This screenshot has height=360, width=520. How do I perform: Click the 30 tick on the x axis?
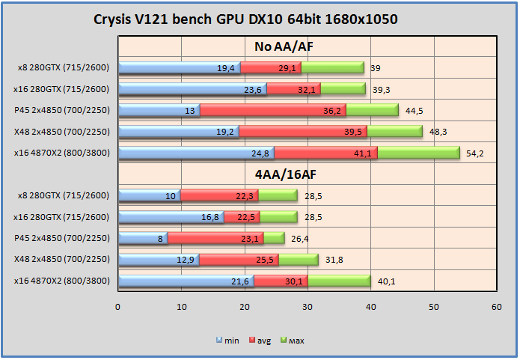coord(308,307)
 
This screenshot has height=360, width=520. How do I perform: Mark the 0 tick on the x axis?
coord(117,307)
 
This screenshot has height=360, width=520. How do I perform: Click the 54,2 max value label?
coord(476,153)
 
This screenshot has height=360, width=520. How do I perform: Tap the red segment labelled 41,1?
coord(326,153)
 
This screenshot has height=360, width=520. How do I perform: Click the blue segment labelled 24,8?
coord(196,153)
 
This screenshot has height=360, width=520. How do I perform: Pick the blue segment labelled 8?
coord(143,238)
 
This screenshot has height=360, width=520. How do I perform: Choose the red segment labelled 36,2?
coord(272,110)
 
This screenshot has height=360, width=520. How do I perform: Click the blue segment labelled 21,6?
coord(186,281)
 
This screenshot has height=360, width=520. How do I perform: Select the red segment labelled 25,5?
coord(239,260)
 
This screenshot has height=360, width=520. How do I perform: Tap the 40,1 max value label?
coord(387,281)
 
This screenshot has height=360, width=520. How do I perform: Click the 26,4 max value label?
coord(299,239)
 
